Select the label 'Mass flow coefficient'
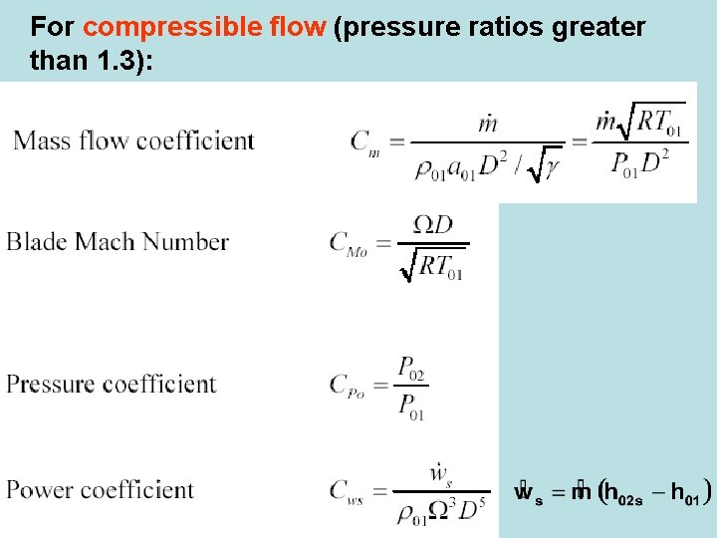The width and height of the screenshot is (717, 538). coord(133,140)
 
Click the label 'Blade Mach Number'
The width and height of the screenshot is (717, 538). coord(118,242)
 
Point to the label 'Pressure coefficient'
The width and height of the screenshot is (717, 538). coord(111,385)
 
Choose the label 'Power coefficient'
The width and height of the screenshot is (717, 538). coord(100,490)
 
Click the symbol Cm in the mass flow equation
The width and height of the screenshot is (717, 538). coord(364,142)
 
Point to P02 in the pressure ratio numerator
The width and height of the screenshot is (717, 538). coord(411,369)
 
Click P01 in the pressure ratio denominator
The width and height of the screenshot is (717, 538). coord(411,406)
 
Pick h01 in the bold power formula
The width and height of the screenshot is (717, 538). coord(685,492)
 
